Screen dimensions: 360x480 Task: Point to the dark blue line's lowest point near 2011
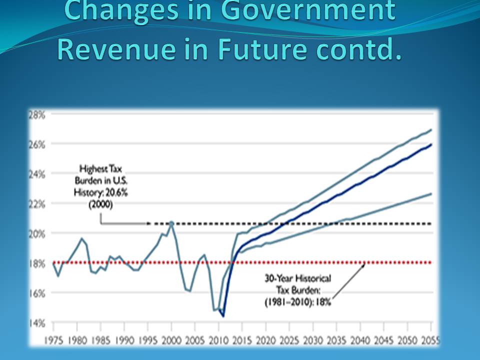click(223, 316)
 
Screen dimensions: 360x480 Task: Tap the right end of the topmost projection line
click(431, 130)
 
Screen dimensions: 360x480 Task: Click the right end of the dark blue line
click(431, 144)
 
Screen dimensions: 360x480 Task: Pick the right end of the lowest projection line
click(431, 193)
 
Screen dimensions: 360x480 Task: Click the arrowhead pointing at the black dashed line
click(148, 223)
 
